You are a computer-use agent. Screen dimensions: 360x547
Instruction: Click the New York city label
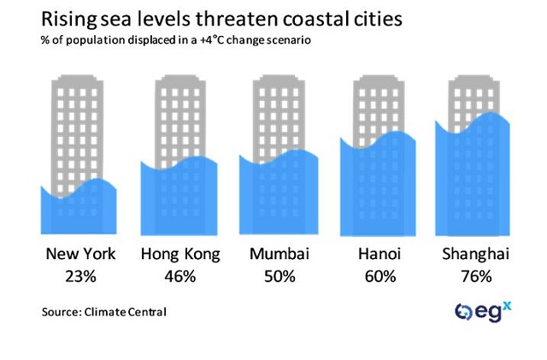(80, 254)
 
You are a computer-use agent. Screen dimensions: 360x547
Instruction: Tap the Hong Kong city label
(180, 254)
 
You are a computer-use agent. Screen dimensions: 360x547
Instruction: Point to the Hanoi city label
(379, 254)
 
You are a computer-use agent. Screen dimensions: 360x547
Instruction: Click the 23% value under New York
(80, 276)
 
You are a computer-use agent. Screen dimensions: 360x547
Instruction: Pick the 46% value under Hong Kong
(180, 276)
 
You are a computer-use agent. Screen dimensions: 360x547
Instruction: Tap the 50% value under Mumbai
(279, 276)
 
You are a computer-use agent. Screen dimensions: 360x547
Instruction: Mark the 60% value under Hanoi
(379, 276)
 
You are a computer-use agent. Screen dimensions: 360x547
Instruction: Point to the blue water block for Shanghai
(473, 180)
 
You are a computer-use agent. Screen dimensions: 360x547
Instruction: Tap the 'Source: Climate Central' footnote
(103, 313)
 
